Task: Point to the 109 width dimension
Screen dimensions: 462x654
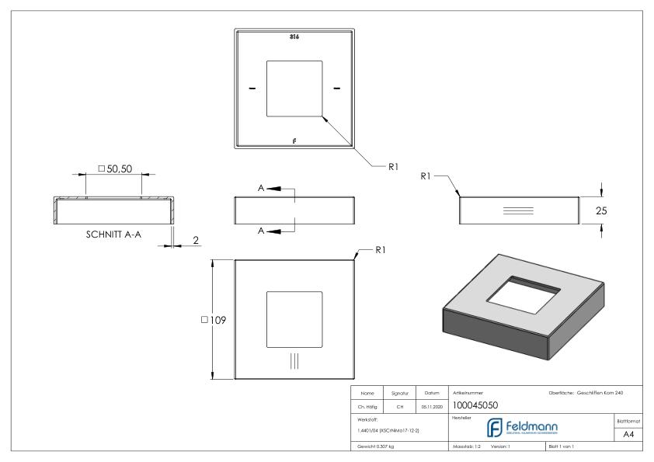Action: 214,320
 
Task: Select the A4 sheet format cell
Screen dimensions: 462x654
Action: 629,435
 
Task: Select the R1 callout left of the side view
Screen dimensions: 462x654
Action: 426,176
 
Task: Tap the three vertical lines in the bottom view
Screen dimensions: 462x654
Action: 294,360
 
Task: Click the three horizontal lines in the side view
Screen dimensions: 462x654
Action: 518,210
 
